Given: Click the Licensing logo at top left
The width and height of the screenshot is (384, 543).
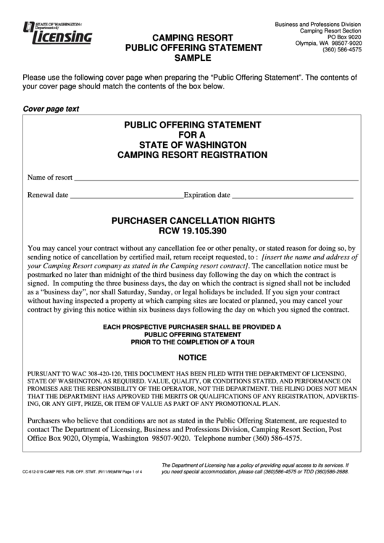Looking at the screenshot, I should [58, 33].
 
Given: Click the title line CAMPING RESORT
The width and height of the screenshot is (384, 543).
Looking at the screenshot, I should [193, 37].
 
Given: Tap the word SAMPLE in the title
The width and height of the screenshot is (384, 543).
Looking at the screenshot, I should [193, 59].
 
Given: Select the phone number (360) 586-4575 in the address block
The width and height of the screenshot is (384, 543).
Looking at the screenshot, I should [338, 51].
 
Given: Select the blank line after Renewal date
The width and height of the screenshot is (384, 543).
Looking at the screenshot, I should [127, 195].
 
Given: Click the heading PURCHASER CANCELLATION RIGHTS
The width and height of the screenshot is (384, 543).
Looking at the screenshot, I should [192, 219].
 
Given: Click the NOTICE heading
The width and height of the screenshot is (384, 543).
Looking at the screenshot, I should [192, 358].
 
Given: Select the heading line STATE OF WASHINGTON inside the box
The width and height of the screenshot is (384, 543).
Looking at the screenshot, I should [192, 144].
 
